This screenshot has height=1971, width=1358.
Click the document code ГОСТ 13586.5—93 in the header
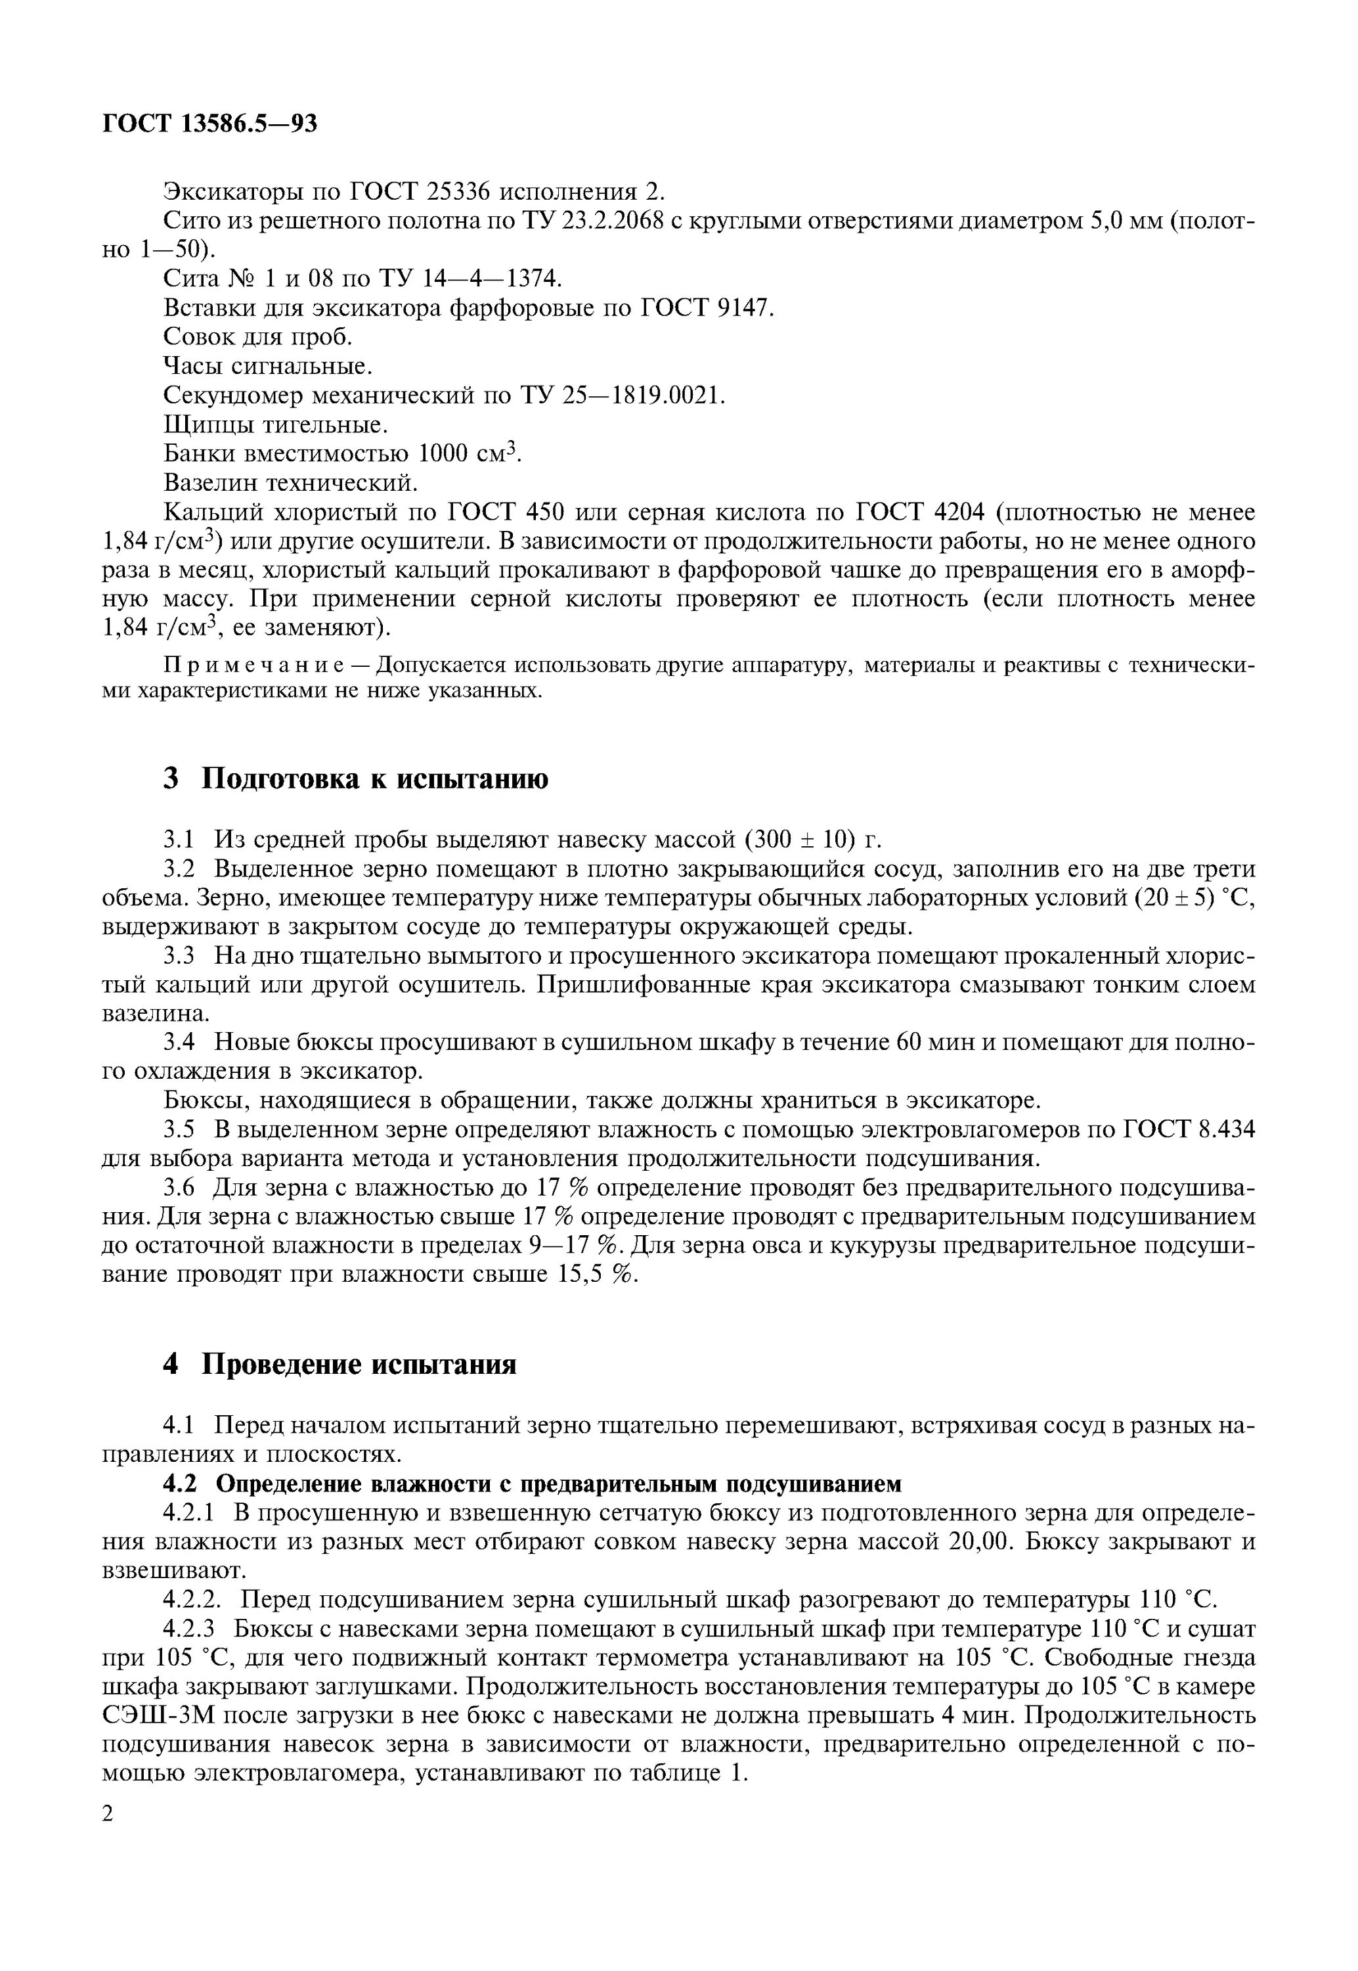(209, 124)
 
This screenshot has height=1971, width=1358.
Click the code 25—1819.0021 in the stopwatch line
(642, 396)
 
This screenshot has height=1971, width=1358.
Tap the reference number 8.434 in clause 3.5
(1226, 1129)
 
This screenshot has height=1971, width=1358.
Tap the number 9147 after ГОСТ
(739, 308)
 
